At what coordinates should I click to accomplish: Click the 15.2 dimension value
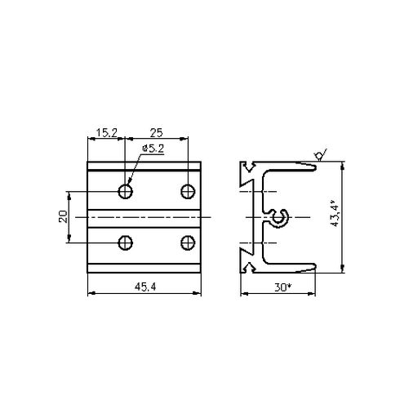106,131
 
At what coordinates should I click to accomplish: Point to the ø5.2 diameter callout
153,148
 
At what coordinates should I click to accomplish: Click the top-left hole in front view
126,191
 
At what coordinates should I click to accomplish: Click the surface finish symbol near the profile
318,154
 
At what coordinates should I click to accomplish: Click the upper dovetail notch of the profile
246,173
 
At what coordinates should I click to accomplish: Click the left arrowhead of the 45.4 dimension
90,292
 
